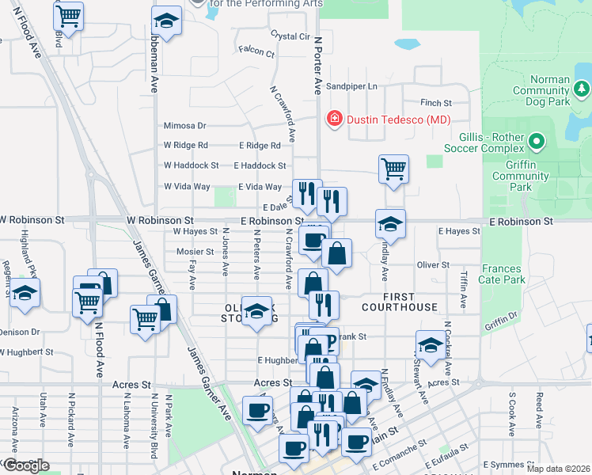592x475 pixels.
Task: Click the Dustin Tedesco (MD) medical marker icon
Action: [335, 120]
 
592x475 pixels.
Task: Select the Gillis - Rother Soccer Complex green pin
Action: [537, 142]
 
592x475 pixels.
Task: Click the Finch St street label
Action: [436, 103]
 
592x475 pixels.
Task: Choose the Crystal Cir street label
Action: [290, 36]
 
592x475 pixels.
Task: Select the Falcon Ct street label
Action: [256, 54]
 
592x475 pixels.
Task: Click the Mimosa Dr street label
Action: [184, 125]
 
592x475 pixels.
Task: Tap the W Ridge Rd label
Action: [185, 145]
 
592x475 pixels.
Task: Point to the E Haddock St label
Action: [260, 165]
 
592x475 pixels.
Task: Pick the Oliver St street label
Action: [433, 265]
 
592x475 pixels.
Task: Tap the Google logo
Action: [25, 465]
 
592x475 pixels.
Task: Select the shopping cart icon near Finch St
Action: [393, 169]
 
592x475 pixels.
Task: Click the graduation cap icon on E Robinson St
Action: [390, 224]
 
